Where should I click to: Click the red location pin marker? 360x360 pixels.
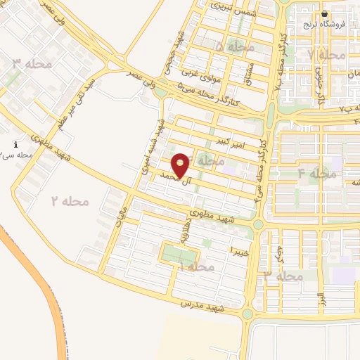(x=181, y=165)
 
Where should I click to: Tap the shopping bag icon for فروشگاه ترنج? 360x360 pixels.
(x=324, y=13)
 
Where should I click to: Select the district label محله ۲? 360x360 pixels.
(x=70, y=201)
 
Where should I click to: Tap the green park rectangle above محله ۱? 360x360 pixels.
(x=178, y=253)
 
